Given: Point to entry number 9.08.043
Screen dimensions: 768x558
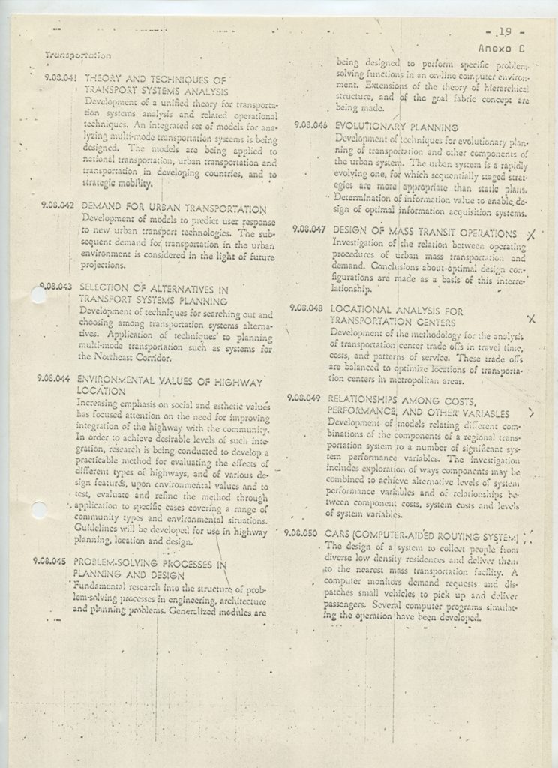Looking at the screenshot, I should pos(55,286).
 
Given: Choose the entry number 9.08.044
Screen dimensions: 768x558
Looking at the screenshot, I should pos(53,379).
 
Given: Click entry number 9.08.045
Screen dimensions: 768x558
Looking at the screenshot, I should pos(49,560).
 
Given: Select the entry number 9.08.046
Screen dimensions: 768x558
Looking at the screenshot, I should pos(310,126).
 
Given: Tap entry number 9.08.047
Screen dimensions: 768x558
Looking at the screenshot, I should pos(308,229).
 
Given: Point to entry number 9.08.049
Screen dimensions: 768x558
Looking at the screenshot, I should pos(303,398).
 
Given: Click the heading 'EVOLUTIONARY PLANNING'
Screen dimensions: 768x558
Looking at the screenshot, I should pos(397,127).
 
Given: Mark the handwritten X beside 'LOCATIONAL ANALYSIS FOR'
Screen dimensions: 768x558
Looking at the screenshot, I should pos(531,319).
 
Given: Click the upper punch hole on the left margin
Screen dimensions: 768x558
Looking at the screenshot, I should pos(37,295).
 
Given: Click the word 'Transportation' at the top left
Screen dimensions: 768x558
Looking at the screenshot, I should pos(78,55).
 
